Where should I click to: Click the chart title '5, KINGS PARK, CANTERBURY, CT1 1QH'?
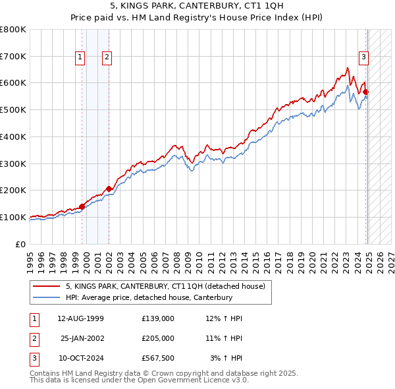click(197, 7)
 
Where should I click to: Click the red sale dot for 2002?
click(109, 189)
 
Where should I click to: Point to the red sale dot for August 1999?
click(82, 206)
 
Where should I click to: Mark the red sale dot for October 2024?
click(366, 92)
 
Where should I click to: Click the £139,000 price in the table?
click(158, 318)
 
